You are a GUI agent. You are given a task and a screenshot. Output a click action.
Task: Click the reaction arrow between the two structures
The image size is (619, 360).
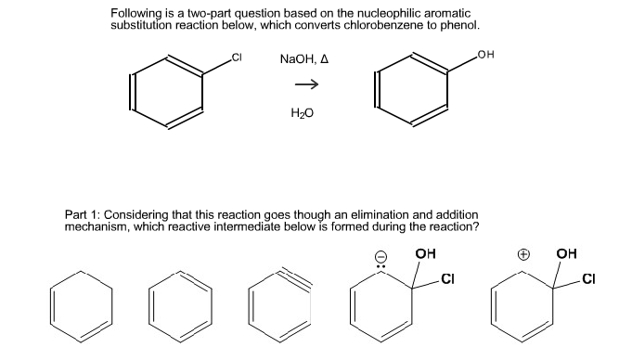(306, 84)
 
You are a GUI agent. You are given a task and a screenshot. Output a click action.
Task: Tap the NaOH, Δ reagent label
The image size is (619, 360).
(303, 59)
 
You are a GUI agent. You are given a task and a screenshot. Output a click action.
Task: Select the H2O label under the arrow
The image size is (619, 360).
(303, 112)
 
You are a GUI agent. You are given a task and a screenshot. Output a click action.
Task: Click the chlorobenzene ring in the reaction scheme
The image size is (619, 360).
(168, 92)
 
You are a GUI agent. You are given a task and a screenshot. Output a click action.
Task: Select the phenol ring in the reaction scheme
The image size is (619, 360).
(412, 91)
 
